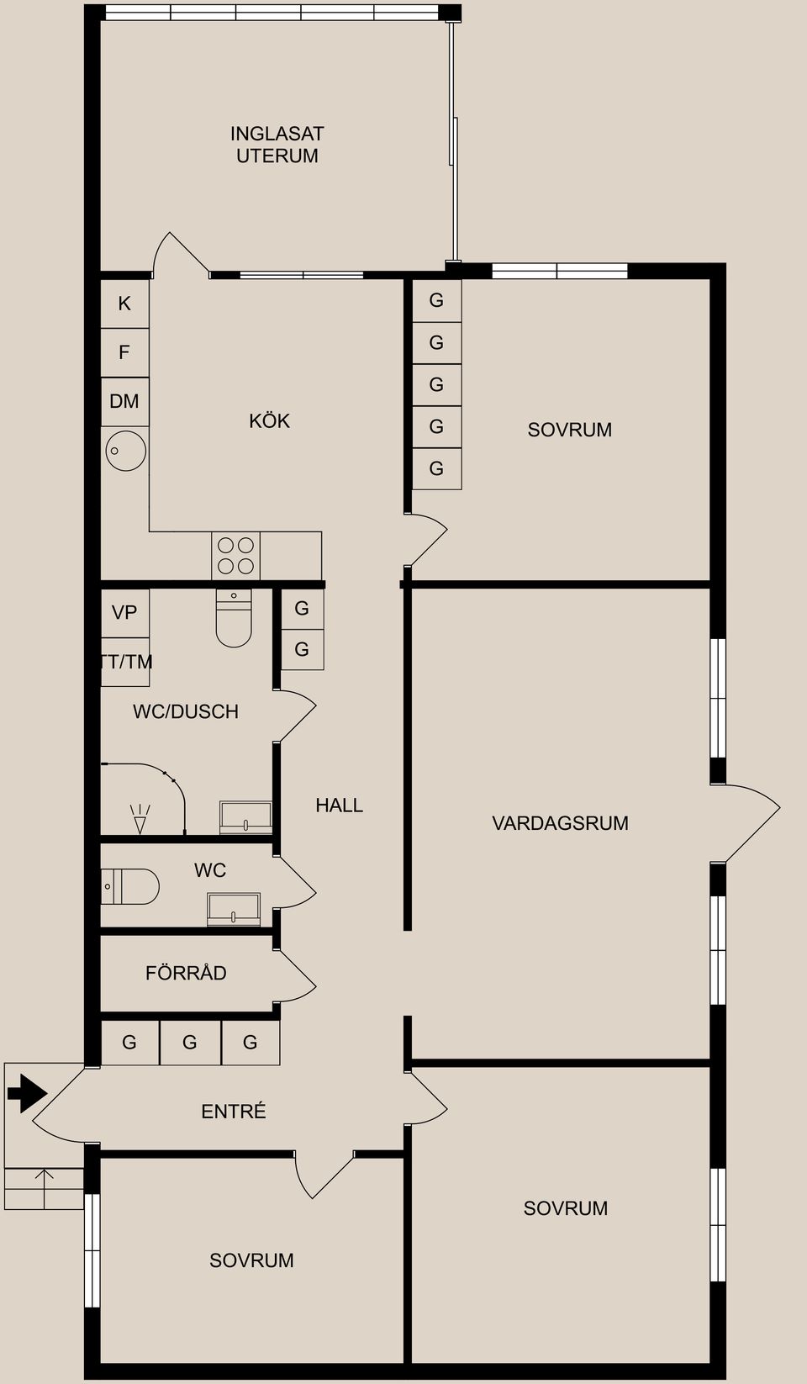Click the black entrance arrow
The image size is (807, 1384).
point(27,1093)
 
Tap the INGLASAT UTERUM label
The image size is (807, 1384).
point(277,145)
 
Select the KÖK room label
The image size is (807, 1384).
point(269,420)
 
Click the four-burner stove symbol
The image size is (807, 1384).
point(235,556)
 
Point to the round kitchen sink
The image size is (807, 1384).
point(125,451)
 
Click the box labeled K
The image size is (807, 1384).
point(124,304)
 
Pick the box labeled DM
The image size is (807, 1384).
point(124,401)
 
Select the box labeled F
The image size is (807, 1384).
point(124,352)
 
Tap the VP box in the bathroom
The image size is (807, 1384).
point(124,612)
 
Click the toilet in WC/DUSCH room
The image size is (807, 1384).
point(234,621)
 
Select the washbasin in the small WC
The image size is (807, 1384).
point(234,909)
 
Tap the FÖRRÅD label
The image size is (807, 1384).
point(186,973)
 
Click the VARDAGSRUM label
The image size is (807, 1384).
point(560,823)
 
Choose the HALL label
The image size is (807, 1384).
point(339,806)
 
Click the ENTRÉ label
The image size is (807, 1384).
point(234,1112)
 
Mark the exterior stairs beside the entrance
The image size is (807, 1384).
point(44,1188)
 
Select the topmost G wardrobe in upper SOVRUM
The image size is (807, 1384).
point(436,300)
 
